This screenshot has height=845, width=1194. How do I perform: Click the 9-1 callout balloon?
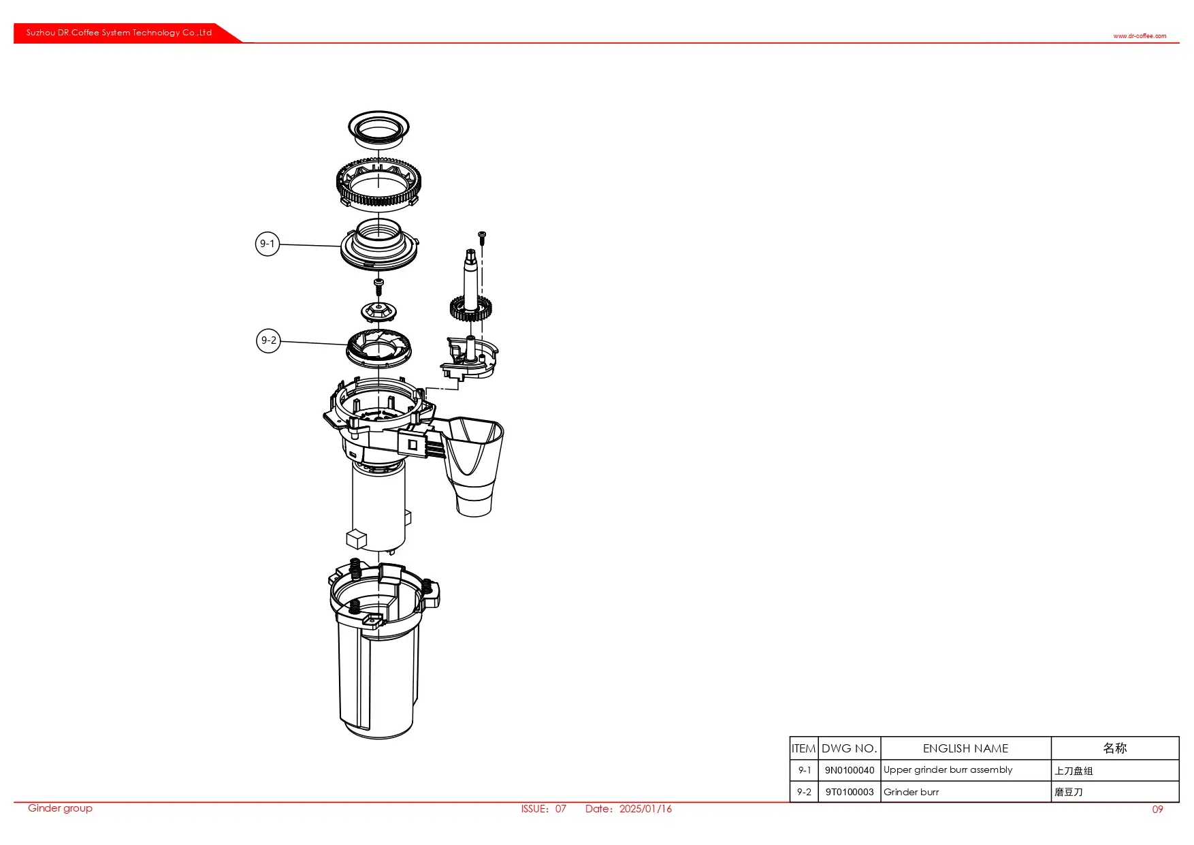point(268,244)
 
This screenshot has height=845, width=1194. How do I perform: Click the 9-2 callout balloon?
point(269,340)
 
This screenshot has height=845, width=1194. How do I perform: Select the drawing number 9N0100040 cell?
point(849,770)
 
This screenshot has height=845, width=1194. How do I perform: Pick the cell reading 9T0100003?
point(849,792)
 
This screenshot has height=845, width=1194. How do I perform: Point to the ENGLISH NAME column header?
point(965,748)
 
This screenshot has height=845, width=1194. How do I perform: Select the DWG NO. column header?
point(849,748)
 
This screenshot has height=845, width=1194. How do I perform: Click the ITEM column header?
point(803,748)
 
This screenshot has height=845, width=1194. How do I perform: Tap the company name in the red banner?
point(119,33)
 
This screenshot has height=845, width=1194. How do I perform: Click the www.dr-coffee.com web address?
point(1140,36)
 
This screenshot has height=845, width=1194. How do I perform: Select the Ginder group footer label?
point(60,808)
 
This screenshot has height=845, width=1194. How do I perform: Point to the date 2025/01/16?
point(645,809)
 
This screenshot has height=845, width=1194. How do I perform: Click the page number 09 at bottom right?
point(1157,810)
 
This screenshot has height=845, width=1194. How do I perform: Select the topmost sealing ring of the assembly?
point(378,127)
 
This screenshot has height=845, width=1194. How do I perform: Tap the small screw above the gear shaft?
point(482,237)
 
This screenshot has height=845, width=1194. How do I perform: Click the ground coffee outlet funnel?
point(475,463)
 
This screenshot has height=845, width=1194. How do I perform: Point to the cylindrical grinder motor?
point(378,507)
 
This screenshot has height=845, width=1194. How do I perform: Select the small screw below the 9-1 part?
point(379,283)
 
